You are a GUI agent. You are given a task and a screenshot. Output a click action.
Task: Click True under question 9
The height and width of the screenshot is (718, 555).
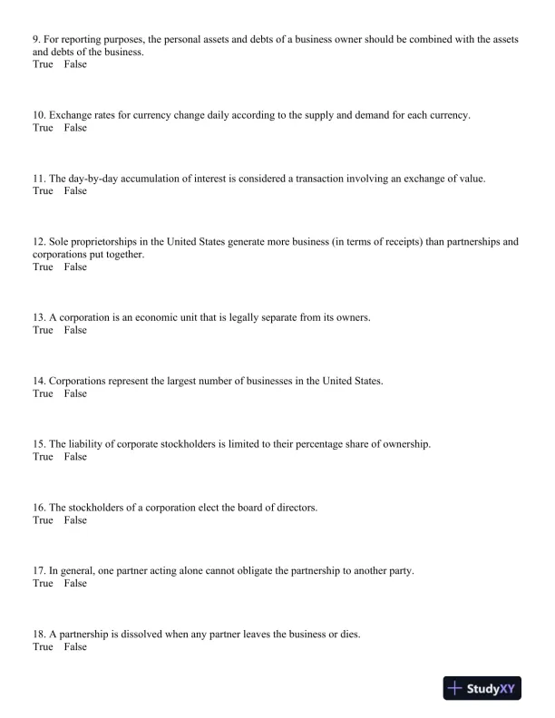pyautogui.click(x=43, y=65)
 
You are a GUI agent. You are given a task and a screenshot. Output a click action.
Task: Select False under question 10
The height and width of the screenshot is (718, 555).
pyautogui.click(x=75, y=129)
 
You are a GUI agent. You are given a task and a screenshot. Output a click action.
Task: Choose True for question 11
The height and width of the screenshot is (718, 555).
pyautogui.click(x=43, y=191)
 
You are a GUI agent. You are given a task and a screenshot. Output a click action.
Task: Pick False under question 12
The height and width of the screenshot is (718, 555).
pyautogui.click(x=75, y=267)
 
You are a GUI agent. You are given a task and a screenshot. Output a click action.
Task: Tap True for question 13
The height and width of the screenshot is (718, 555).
pyautogui.click(x=43, y=331)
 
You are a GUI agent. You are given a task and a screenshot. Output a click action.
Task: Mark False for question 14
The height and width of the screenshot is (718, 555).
pyautogui.click(x=75, y=394)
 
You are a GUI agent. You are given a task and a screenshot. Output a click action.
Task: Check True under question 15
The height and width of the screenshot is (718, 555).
pyautogui.click(x=43, y=457)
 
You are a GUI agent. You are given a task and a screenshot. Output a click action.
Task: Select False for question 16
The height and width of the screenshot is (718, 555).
pyautogui.click(x=75, y=520)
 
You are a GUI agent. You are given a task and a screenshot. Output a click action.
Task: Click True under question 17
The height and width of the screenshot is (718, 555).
pyautogui.click(x=43, y=584)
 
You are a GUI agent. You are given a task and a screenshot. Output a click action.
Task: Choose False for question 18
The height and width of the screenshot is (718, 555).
pyautogui.click(x=75, y=647)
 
